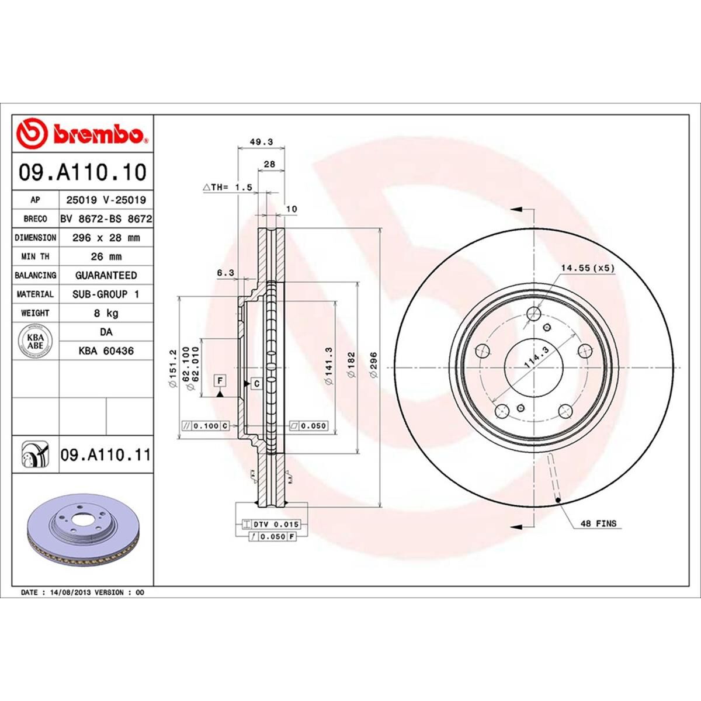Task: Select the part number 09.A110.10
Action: [82, 172]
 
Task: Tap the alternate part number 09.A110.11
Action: [105, 454]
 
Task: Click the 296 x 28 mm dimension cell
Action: [106, 238]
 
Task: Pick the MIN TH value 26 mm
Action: [106, 256]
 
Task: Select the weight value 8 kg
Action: [106, 313]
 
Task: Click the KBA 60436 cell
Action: [106, 351]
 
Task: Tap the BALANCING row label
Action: [35, 275]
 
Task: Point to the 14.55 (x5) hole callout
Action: [588, 268]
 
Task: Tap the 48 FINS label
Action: [598, 524]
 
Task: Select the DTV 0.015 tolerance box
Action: [275, 525]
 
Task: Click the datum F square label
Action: [220, 380]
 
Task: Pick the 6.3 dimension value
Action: [225, 272]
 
